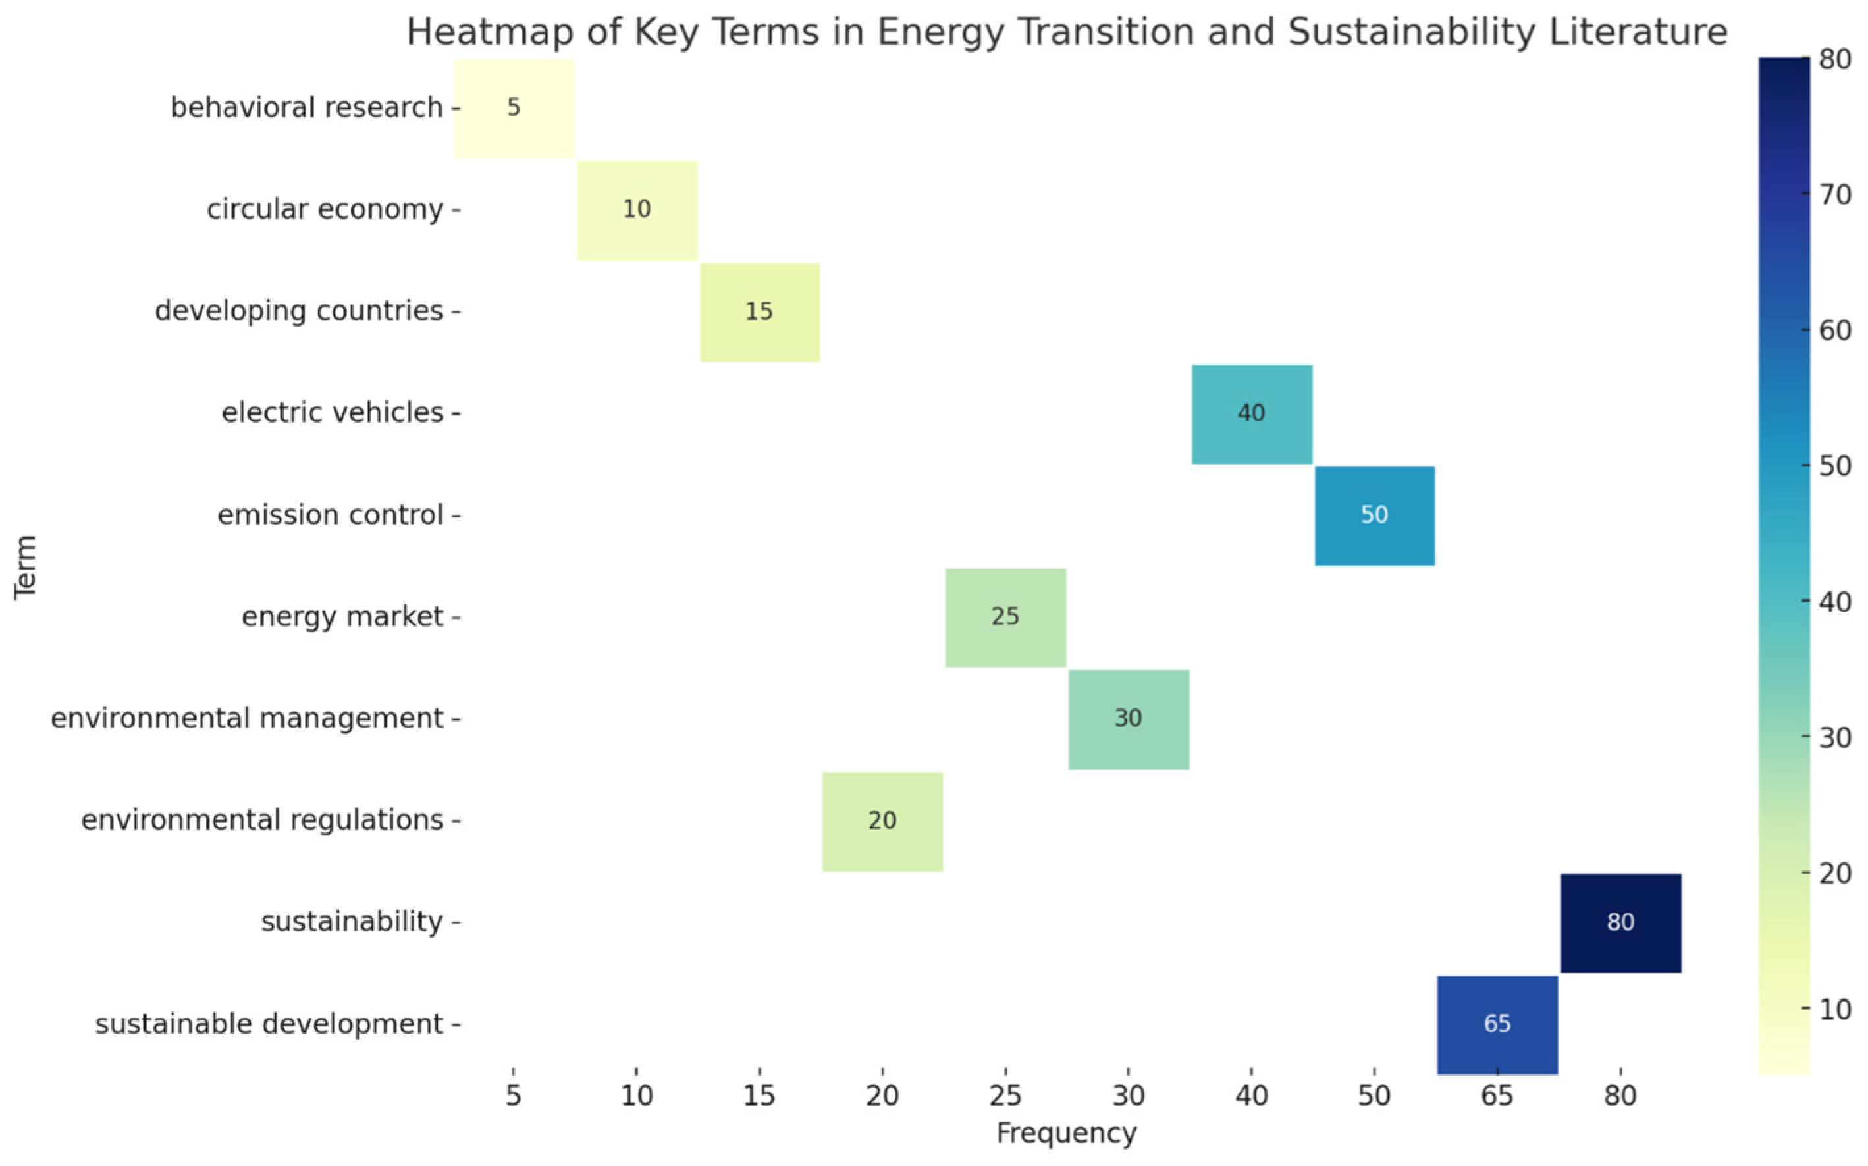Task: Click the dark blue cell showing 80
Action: pyautogui.click(x=1620, y=922)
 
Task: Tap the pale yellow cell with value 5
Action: pyautogui.click(x=514, y=108)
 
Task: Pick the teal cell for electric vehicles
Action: pyautogui.click(x=1251, y=414)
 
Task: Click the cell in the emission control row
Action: pyautogui.click(x=1374, y=515)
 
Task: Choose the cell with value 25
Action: pyautogui.click(x=1005, y=617)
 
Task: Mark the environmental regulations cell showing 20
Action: pyautogui.click(x=882, y=820)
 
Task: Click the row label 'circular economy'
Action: pyautogui.click(x=325, y=209)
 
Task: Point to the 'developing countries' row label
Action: pyautogui.click(x=298, y=311)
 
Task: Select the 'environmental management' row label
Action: pyautogui.click(x=247, y=718)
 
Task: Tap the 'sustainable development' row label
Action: pyautogui.click(x=269, y=1024)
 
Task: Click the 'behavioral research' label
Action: pyautogui.click(x=306, y=108)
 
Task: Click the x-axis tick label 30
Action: pyautogui.click(x=1128, y=1096)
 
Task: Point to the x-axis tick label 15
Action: pyautogui.click(x=759, y=1096)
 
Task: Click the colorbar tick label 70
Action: pyautogui.click(x=1836, y=195)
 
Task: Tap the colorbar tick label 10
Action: pyautogui.click(x=1836, y=1009)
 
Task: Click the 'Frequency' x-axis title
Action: pyautogui.click(x=1066, y=1134)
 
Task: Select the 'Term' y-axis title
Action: pyautogui.click(x=26, y=567)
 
